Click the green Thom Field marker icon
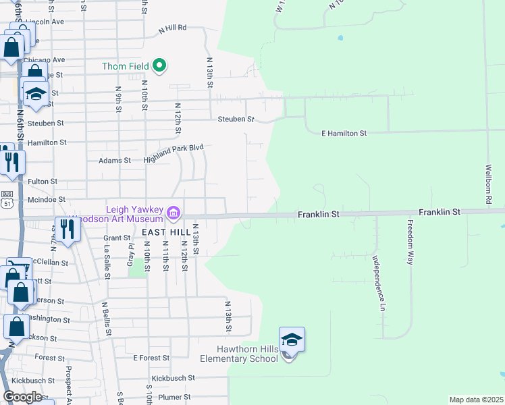(160, 65)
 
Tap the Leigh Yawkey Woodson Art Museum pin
(174, 214)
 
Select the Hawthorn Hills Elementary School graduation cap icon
(292, 340)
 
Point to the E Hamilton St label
(343, 134)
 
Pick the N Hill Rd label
(172, 29)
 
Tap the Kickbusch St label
(173, 379)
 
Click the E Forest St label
(151, 358)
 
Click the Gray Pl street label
(131, 254)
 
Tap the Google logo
(22, 397)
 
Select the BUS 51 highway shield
(7, 202)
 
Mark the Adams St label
(115, 161)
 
